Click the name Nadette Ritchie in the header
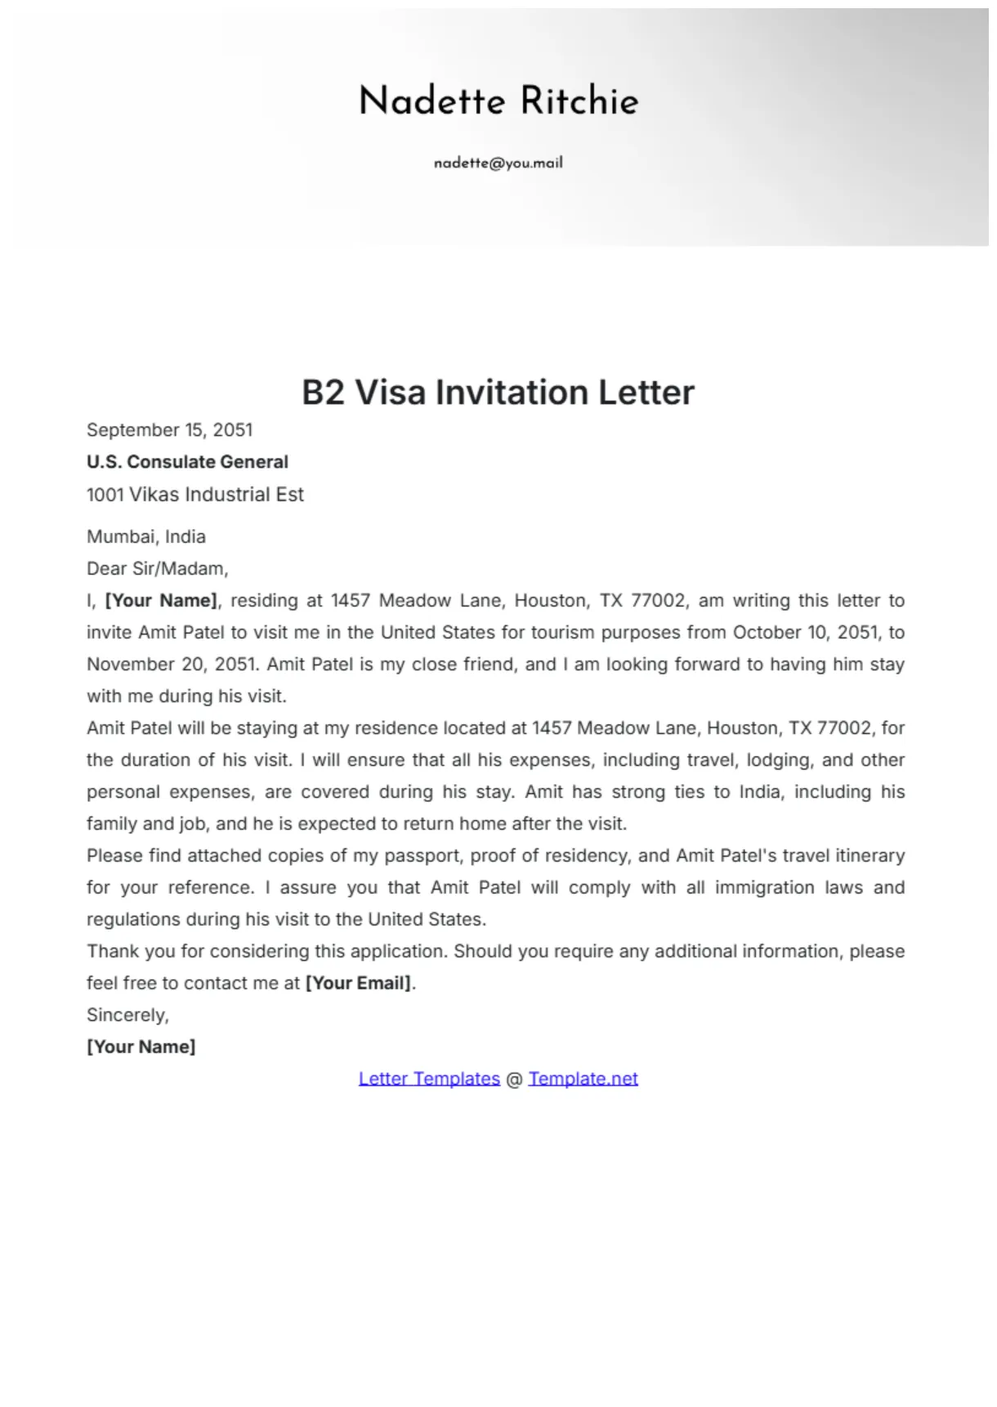(x=499, y=101)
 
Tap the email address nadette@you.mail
(x=499, y=163)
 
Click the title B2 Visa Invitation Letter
(x=499, y=392)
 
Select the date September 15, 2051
(x=170, y=430)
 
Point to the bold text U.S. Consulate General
(x=187, y=462)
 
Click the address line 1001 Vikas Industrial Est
(x=195, y=495)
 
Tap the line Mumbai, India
(x=146, y=537)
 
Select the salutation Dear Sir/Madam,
(x=158, y=569)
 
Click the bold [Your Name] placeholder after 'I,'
(x=161, y=601)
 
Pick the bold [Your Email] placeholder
(x=359, y=984)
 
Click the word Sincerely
(x=127, y=1015)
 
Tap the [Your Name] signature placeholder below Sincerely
(x=141, y=1047)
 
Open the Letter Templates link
(x=429, y=1079)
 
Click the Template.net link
(x=583, y=1079)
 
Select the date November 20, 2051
(x=172, y=665)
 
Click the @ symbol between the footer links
(x=514, y=1079)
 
